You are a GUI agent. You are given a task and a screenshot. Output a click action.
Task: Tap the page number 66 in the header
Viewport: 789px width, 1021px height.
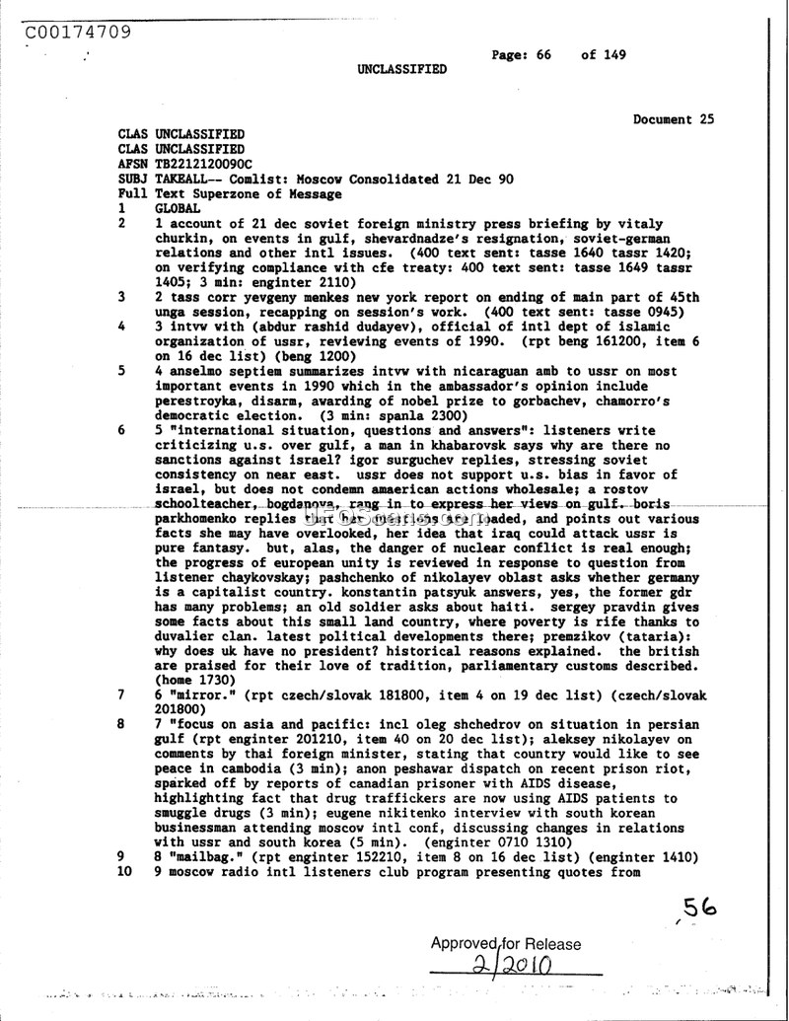pos(543,55)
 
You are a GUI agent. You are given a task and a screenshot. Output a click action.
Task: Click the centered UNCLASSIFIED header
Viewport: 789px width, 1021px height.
pos(401,70)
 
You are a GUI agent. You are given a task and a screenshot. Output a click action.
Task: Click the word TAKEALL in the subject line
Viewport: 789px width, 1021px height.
pos(186,179)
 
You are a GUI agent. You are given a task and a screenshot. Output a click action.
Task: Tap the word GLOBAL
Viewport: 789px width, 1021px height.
pos(179,209)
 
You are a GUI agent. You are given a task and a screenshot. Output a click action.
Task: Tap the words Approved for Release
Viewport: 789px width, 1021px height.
pos(506,944)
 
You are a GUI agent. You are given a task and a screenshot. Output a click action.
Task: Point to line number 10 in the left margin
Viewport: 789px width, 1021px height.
pos(124,872)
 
